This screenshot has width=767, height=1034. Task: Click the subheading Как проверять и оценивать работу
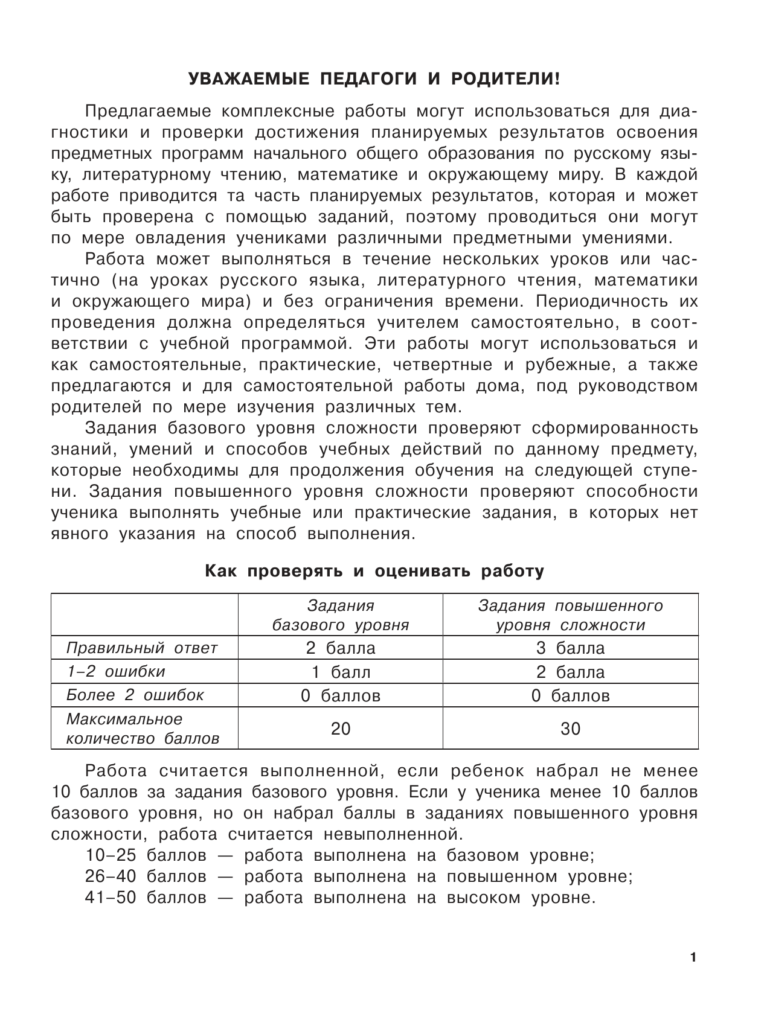(374, 571)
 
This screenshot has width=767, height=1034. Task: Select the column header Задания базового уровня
(341, 615)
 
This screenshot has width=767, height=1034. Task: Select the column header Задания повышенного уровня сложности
(570, 615)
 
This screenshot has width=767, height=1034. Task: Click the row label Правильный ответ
(142, 648)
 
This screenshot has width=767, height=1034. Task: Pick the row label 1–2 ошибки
(116, 672)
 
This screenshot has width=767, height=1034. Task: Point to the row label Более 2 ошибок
(135, 695)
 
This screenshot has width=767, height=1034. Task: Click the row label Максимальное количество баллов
(143, 729)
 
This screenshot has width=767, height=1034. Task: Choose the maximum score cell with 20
(341, 729)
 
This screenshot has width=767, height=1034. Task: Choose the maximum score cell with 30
(570, 729)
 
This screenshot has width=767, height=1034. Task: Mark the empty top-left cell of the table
(144, 614)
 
